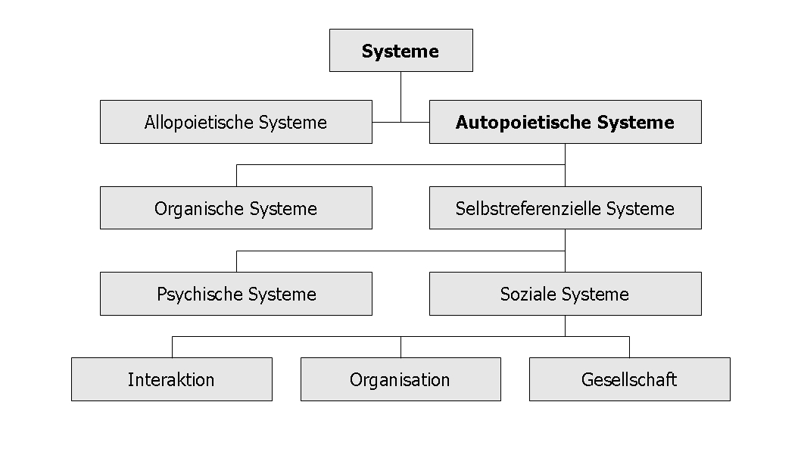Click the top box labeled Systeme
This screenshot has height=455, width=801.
tap(401, 51)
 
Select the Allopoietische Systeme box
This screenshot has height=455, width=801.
tap(236, 122)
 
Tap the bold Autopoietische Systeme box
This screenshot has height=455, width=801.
tap(566, 122)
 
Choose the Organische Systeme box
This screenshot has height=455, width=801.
tap(236, 208)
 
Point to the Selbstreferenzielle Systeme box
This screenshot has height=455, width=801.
tap(566, 208)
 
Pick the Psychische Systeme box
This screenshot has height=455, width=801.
tap(236, 294)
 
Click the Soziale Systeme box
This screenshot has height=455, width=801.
tap(566, 294)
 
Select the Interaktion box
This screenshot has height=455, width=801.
tap(172, 379)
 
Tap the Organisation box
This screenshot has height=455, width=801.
tap(401, 379)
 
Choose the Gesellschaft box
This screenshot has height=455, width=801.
tap(630, 379)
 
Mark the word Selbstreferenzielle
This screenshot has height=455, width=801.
tap(528, 208)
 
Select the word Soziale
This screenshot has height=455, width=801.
tap(528, 295)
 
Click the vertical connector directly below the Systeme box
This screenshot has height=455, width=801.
tap(401, 97)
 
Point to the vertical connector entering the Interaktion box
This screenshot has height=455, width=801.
tap(172, 347)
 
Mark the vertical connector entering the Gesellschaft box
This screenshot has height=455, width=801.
tap(629, 347)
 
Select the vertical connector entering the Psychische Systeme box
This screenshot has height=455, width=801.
tap(236, 261)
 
